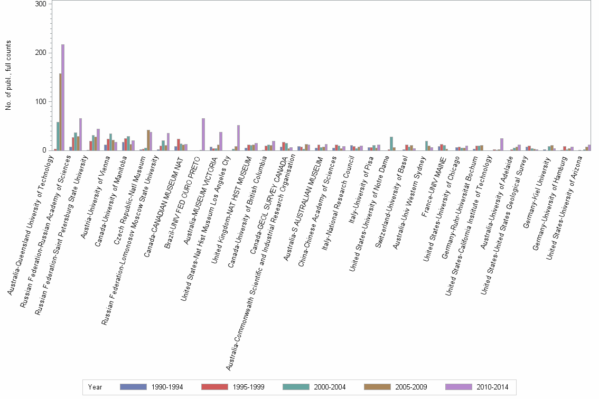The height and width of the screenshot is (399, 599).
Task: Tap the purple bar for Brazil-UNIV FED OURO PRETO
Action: coord(203,135)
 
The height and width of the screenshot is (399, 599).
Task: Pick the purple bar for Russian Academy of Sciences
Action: coord(80,135)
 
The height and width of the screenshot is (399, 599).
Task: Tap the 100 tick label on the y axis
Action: coord(42,101)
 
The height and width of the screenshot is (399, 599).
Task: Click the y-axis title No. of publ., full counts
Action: coord(8,77)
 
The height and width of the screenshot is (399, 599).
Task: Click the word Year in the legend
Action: coord(95,387)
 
